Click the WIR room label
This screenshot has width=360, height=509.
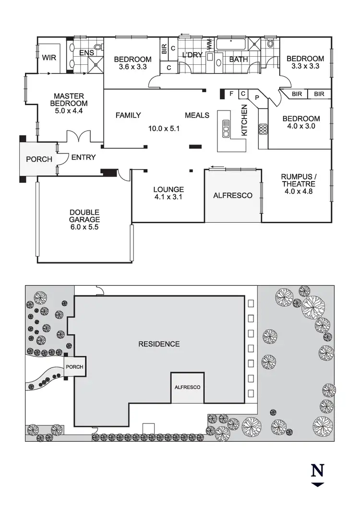click(x=49, y=58)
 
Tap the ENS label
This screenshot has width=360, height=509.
click(x=86, y=52)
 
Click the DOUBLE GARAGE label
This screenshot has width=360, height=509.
click(x=84, y=220)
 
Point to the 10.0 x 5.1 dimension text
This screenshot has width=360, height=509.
click(x=163, y=129)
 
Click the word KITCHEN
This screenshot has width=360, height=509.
click(x=244, y=120)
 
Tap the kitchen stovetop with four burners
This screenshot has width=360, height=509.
click(x=263, y=129)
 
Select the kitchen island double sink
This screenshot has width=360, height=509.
click(x=225, y=129)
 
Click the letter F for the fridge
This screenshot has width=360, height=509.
click(x=231, y=93)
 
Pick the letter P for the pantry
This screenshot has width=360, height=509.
click(x=257, y=97)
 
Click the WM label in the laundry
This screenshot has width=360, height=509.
click(x=209, y=44)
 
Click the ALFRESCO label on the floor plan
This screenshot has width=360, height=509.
click(x=233, y=196)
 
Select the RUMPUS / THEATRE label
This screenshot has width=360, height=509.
click(x=298, y=184)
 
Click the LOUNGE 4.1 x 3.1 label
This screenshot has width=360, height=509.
click(x=168, y=193)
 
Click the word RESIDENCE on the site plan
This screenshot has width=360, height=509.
click(x=159, y=344)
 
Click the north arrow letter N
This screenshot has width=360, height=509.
click(x=317, y=471)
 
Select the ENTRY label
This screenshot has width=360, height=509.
click(x=84, y=158)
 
